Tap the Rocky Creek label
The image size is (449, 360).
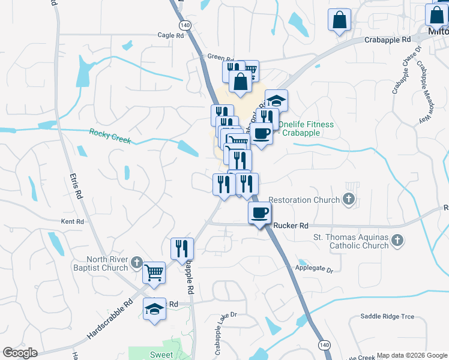pos(110,136)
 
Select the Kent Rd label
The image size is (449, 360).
pos(72,221)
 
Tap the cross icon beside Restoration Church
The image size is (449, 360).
pos(348,199)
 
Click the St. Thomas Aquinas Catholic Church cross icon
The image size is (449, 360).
pos(396,241)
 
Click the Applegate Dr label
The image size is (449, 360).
pos(313,269)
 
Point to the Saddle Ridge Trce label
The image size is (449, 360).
pos(387,316)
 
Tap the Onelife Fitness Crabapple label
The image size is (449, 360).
pos(306,128)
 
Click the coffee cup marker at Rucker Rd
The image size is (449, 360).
pos(260,214)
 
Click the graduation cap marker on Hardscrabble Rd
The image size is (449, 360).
pos(154,310)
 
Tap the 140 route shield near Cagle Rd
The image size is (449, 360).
pos(185,25)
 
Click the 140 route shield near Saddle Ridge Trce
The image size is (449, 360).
pos(324,345)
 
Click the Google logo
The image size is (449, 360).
pos(20,353)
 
